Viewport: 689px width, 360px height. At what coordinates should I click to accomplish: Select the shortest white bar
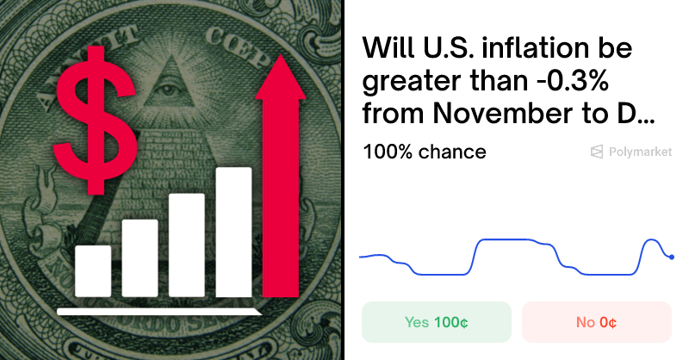pos(93,270)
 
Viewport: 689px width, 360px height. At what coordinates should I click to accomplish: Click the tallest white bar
pos(233,231)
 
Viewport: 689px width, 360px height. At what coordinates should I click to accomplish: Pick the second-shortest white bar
pos(140,258)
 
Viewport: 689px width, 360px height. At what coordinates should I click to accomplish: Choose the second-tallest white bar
pos(187,245)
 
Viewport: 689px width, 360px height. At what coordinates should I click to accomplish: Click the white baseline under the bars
pos(159,310)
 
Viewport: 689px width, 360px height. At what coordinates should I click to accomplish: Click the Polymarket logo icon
pos(596,152)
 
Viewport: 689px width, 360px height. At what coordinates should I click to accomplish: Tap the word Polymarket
pos(640,152)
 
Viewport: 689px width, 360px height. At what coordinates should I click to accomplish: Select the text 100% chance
pos(425,152)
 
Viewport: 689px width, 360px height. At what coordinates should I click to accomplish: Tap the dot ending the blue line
pos(671,257)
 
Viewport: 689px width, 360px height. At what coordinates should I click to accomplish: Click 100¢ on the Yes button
pos(450,323)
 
